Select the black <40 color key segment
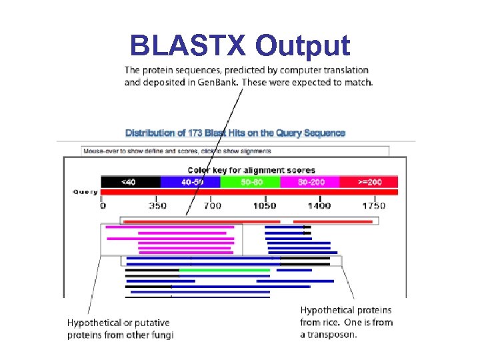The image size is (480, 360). [130, 181]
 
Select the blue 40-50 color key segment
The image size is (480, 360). [190, 181]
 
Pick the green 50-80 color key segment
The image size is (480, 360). [250, 181]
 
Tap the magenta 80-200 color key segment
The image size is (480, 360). [310, 181]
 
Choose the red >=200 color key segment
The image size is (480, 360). [369, 181]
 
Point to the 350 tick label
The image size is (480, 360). [157, 206]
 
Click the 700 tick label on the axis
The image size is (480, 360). [212, 206]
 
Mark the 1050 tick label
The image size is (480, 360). [265, 206]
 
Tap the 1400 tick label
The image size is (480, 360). [319, 206]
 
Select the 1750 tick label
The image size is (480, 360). [374, 206]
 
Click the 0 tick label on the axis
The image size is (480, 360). [103, 206]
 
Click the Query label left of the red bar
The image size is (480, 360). [85, 192]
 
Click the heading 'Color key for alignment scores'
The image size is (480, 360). [251, 171]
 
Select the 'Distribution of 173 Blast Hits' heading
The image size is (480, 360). [235, 133]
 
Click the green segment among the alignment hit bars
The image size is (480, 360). [225, 270]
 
